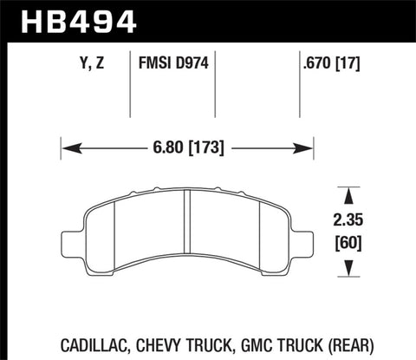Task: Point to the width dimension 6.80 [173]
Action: (x=186, y=148)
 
